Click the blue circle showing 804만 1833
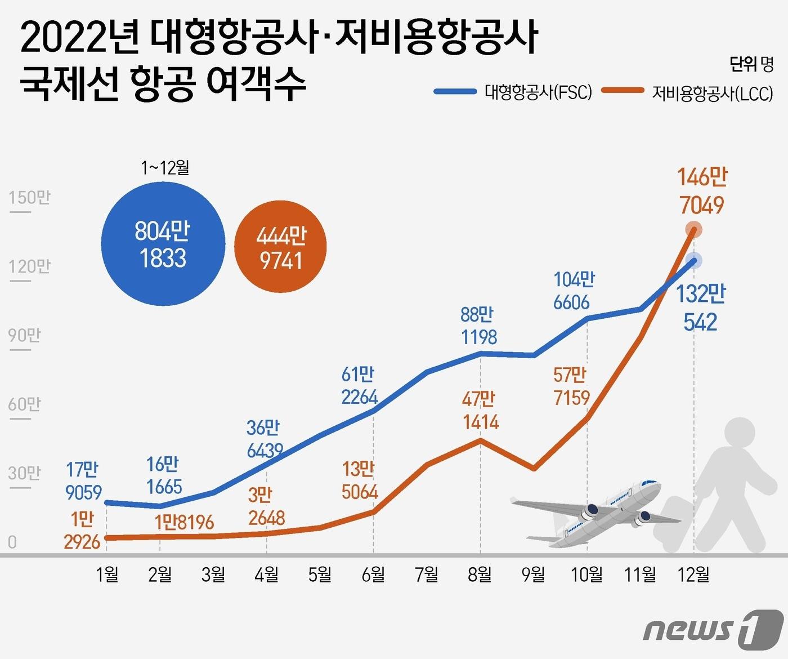163,244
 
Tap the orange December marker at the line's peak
694,229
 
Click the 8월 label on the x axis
480,574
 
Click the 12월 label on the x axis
693,574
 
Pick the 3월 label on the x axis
213,574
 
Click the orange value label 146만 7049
701,192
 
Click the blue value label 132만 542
701,308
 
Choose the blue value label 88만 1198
479,326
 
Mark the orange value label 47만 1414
480,411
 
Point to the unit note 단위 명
751,64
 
